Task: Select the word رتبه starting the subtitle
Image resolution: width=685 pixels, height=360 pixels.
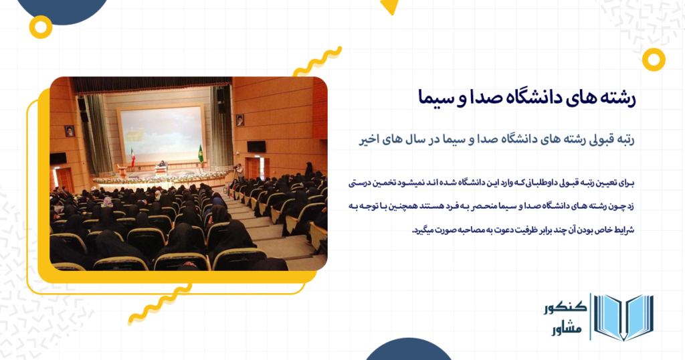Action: pos(624,139)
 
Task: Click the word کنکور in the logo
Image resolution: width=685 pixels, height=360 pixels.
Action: pos(565,308)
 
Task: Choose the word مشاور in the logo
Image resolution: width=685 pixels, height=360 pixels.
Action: pos(567,329)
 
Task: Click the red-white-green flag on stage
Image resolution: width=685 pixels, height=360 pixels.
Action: pos(133,158)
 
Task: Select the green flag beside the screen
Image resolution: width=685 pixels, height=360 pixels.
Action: pos(201,154)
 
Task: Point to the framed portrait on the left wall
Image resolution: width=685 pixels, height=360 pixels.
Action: pos(70,131)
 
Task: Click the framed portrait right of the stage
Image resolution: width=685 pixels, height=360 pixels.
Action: pos(240,120)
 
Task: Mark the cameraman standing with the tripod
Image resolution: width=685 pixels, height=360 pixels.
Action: pos(239,172)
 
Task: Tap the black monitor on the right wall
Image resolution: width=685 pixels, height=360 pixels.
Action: pos(256,147)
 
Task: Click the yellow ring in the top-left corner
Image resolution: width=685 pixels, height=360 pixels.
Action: pos(41,27)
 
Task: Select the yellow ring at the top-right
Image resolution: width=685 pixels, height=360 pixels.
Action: pos(654,60)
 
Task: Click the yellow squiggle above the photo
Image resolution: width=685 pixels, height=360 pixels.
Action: pos(317,62)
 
